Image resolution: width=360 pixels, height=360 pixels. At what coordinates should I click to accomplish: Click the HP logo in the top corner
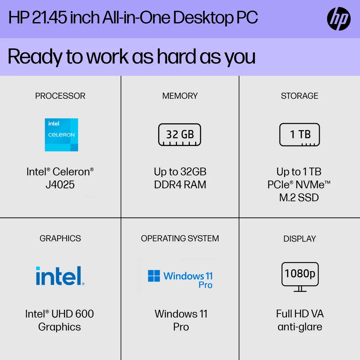click(x=339, y=19)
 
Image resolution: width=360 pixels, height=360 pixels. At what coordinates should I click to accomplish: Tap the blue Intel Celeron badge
click(x=61, y=135)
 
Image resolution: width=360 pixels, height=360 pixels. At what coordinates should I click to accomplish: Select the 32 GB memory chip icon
click(x=180, y=134)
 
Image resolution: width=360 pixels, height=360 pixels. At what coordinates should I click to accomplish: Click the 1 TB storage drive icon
click(x=300, y=134)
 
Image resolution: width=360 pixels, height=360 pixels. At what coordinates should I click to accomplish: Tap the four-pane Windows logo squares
click(x=154, y=276)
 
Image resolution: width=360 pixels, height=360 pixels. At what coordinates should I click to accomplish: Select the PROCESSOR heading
click(x=60, y=96)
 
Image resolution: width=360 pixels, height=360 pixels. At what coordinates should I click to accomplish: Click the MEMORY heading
click(x=180, y=96)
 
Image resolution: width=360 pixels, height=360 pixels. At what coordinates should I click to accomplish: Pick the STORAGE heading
click(x=300, y=96)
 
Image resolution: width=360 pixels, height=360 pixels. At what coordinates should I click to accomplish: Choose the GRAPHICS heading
click(x=60, y=238)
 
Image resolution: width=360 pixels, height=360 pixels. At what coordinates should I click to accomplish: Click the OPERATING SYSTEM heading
click(x=180, y=238)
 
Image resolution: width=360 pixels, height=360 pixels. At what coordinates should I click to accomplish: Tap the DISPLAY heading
click(x=300, y=238)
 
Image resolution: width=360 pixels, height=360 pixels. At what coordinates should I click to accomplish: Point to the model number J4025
click(x=60, y=185)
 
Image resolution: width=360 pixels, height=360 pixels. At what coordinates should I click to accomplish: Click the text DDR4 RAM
click(x=180, y=185)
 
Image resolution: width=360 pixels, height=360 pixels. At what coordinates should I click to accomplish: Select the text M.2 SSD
click(x=299, y=198)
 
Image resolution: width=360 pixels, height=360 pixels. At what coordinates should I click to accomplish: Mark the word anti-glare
click(x=300, y=327)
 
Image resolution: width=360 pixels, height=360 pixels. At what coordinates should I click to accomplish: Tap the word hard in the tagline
click(x=176, y=57)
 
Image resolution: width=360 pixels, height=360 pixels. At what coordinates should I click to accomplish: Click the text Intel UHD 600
click(x=60, y=314)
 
